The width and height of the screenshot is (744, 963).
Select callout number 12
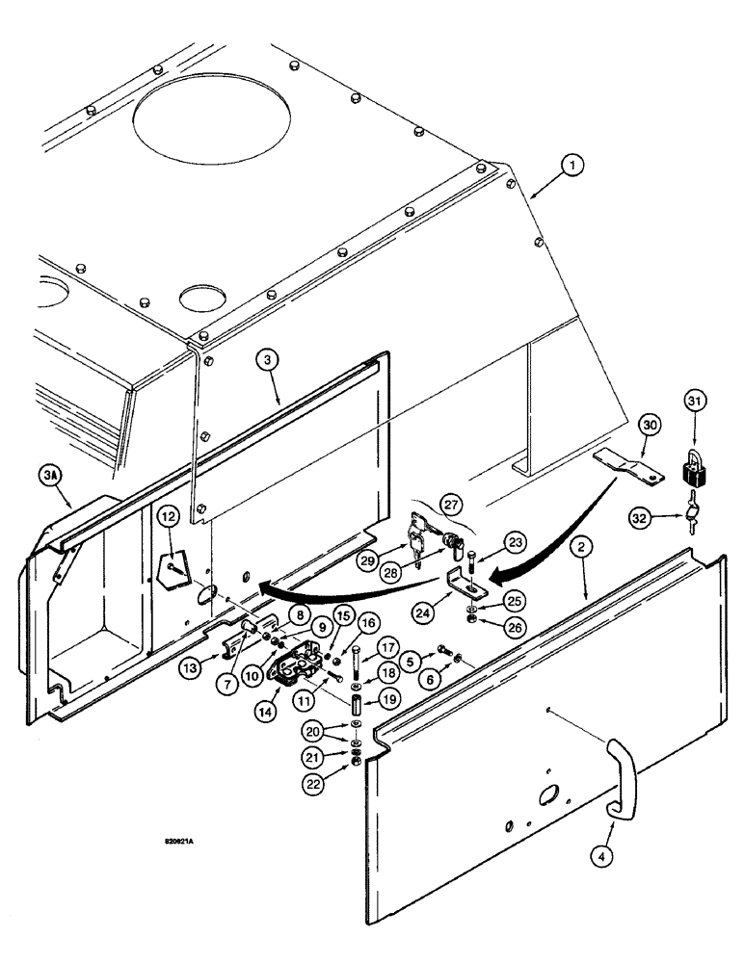[x=168, y=517]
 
